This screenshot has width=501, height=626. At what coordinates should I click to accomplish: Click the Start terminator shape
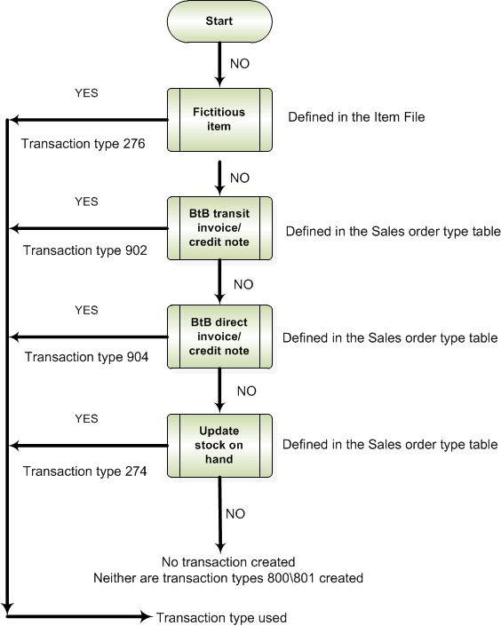219,21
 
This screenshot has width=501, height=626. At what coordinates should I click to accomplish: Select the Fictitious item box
219,120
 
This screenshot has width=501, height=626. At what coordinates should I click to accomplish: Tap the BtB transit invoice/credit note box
219,228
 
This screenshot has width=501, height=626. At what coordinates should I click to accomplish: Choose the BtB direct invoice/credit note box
219,337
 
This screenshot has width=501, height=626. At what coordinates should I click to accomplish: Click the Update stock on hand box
219,445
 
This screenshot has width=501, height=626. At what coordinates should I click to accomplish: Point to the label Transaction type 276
83,144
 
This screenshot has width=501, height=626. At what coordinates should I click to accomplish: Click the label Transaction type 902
85,250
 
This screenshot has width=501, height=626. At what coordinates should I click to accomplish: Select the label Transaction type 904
87,357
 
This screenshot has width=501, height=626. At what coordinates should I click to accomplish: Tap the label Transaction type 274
85,471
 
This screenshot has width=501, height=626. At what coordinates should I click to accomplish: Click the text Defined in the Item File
356,117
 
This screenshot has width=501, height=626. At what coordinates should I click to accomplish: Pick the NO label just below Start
240,63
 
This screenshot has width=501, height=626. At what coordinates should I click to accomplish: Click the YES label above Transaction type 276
86,93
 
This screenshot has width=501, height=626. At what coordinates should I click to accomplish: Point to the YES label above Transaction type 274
86,419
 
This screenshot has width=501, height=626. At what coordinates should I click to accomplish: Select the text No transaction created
228,562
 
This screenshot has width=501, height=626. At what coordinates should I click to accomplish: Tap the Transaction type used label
221,618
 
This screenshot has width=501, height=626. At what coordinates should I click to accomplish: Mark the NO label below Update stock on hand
235,514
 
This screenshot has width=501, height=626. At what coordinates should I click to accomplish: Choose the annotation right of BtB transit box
394,232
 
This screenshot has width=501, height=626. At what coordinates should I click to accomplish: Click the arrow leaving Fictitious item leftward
89,120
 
